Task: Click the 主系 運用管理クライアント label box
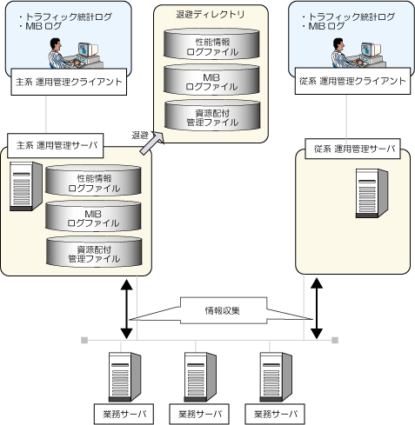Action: click(69, 82)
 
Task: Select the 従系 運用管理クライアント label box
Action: click(352, 81)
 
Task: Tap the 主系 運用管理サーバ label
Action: click(56, 145)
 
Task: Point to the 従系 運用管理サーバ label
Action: click(352, 149)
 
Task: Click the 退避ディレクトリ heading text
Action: click(211, 14)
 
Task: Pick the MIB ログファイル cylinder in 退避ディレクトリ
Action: click(211, 79)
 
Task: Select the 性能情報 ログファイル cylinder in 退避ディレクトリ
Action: click(211, 44)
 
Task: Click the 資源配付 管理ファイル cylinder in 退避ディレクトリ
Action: click(212, 115)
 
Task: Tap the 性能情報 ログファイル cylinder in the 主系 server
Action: click(93, 180)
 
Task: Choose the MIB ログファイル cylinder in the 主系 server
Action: click(93, 216)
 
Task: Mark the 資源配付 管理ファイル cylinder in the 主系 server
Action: click(94, 251)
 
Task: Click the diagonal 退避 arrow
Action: click(151, 143)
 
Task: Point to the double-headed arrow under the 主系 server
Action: click(126, 309)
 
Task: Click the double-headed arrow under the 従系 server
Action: click(317, 309)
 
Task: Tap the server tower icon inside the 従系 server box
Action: click(371, 193)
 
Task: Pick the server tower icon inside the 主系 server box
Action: click(26, 186)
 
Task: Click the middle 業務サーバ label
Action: click(199, 414)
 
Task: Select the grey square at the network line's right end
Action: click(335, 340)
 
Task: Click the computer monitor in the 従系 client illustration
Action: click(370, 50)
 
